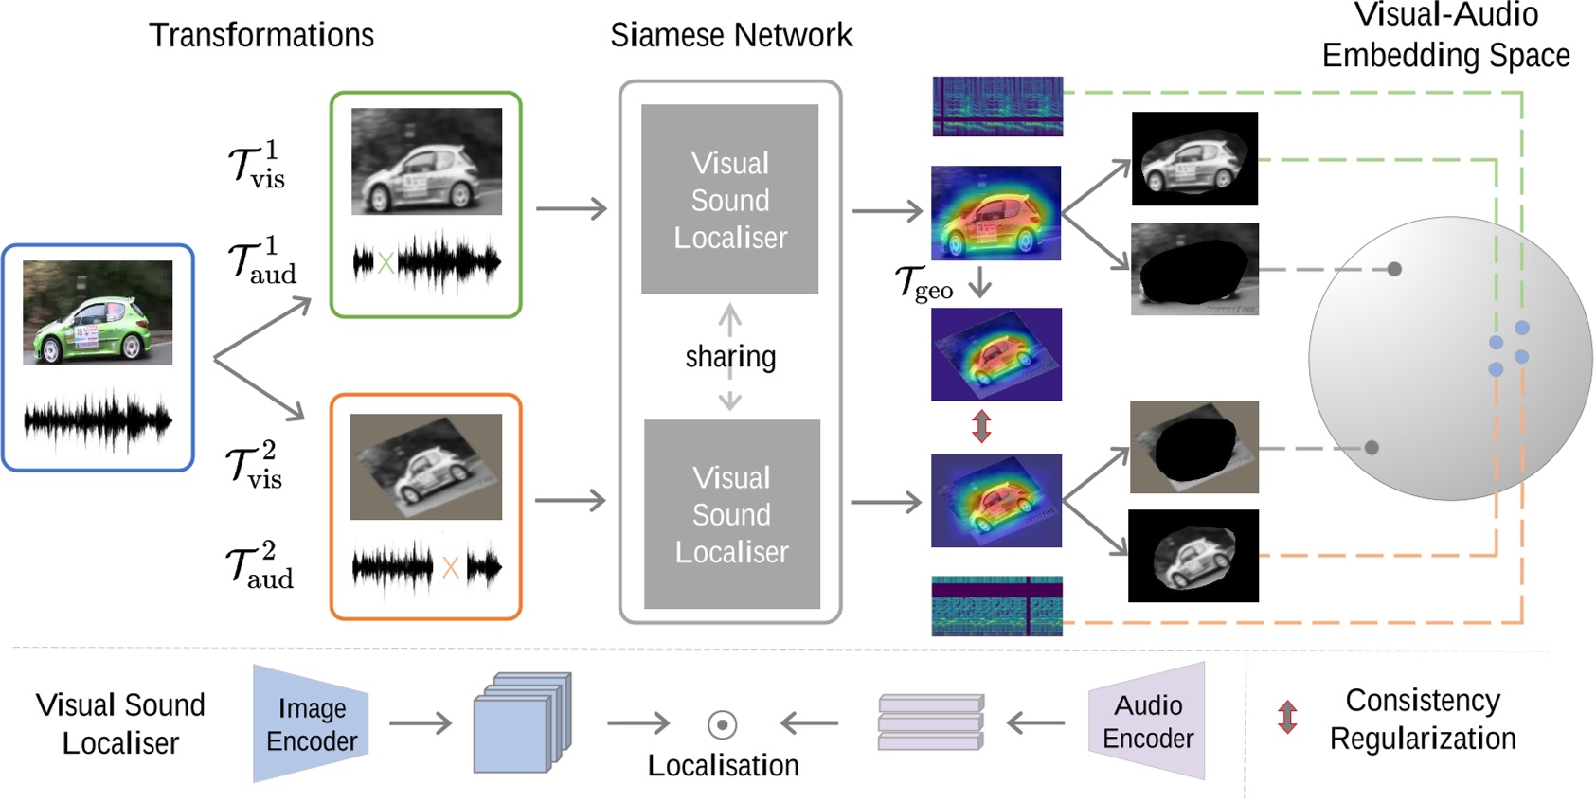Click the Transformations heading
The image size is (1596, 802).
261,36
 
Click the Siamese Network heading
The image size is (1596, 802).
730,36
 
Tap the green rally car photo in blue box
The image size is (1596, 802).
98,312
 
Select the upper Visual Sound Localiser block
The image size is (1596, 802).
729,199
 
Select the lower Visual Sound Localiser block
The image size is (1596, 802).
731,514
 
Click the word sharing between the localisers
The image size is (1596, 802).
730,357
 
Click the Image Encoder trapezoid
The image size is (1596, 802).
311,724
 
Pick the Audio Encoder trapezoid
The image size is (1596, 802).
1147,722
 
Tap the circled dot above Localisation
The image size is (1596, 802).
722,725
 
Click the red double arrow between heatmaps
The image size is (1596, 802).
981,426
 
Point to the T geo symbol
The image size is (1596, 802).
924,282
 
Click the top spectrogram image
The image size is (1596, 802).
996,106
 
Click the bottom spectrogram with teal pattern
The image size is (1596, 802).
996,606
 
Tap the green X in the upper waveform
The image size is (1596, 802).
386,263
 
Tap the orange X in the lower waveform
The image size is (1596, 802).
450,568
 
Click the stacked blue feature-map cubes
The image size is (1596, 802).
522,722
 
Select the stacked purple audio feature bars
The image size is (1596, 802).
930,722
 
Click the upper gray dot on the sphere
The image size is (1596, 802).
1394,269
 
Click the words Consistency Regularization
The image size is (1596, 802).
1422,720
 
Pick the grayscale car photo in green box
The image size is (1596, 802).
426,161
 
